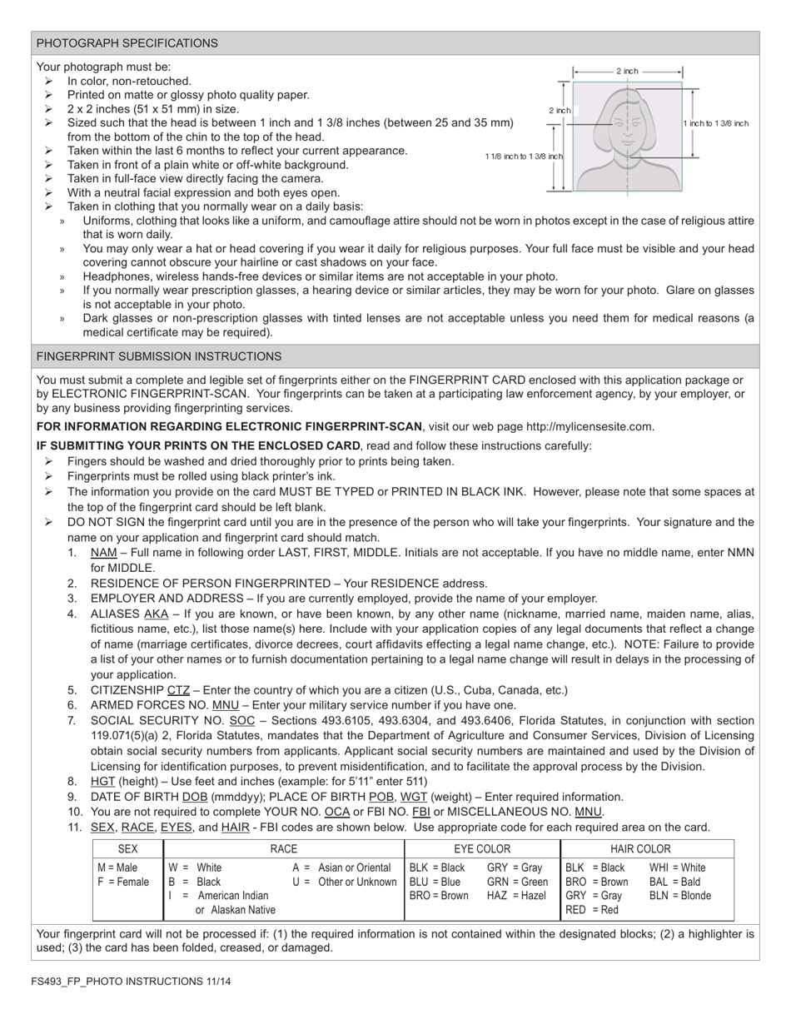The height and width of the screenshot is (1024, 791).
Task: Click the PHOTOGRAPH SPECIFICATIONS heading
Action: click(x=127, y=43)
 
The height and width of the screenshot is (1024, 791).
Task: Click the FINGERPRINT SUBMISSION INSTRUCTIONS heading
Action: click(x=159, y=356)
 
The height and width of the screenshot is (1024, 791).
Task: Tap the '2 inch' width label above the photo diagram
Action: click(x=627, y=72)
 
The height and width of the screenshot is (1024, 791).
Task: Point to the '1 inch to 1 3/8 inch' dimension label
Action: click(x=716, y=123)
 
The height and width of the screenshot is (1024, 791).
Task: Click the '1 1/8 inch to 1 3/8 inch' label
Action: click(x=524, y=157)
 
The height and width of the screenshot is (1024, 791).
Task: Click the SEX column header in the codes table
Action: click(x=128, y=849)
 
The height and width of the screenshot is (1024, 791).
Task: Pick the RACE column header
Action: click(x=283, y=849)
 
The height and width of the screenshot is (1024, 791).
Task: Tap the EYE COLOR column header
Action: click(x=482, y=849)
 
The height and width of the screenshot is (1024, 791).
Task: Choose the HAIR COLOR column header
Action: click(x=640, y=849)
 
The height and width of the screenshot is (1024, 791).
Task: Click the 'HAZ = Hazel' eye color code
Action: click(x=516, y=896)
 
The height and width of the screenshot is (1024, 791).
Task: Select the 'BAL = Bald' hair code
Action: click(x=674, y=882)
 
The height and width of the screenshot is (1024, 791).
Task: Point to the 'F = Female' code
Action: click(x=123, y=882)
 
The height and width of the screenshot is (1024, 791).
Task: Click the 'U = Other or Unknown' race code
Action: click(x=344, y=882)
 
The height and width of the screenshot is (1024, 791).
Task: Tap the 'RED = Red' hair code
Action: click(x=592, y=910)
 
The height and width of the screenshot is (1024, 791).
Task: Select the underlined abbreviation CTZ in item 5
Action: click(x=178, y=690)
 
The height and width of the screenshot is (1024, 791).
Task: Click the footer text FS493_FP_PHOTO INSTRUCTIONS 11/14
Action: click(x=132, y=982)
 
